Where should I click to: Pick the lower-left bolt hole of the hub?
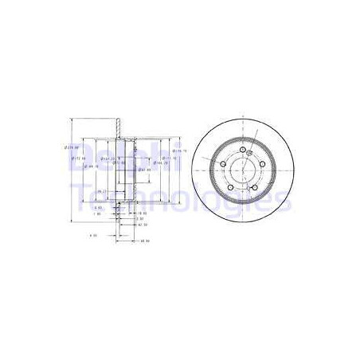pos(231,188)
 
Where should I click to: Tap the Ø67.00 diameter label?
pos(144,170)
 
